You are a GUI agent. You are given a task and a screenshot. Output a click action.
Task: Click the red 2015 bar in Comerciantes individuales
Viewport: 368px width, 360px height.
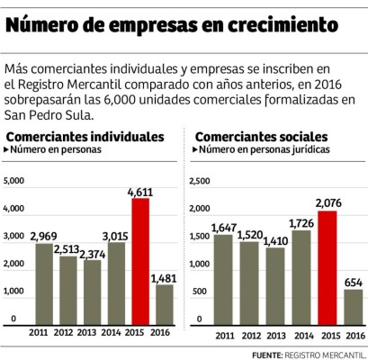140,261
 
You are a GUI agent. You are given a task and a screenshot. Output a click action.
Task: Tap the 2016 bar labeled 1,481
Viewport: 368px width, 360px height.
164,304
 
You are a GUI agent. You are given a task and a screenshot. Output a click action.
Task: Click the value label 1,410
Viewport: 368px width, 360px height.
274,240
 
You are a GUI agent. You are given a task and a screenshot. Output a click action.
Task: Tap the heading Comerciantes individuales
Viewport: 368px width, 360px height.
85,135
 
